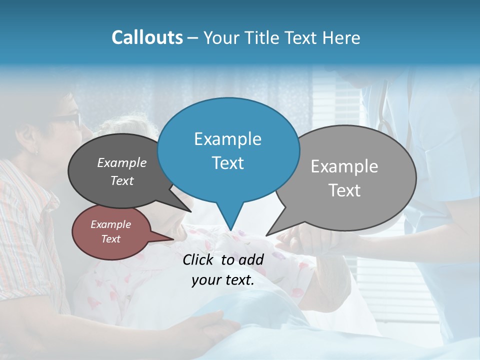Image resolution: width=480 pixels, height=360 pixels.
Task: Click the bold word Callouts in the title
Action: click(147, 37)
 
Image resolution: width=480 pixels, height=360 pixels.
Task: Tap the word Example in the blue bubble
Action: click(227, 139)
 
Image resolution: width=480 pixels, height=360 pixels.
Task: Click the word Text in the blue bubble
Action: click(227, 163)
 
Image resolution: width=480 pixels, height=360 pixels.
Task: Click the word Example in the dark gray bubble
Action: click(121, 162)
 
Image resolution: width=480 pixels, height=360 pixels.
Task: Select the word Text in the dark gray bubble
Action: click(121, 180)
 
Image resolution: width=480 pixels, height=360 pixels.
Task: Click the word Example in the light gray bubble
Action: click(344, 166)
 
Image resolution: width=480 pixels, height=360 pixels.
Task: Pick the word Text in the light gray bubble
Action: click(344, 190)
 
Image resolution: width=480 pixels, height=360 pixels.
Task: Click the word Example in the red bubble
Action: click(110, 224)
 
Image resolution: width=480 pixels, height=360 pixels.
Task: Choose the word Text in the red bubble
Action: click(110, 239)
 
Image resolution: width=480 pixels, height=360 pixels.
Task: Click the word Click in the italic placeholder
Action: click(199, 259)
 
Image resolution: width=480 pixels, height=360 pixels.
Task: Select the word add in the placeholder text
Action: click(251, 259)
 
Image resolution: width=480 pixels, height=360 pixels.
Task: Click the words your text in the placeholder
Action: click(222, 280)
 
